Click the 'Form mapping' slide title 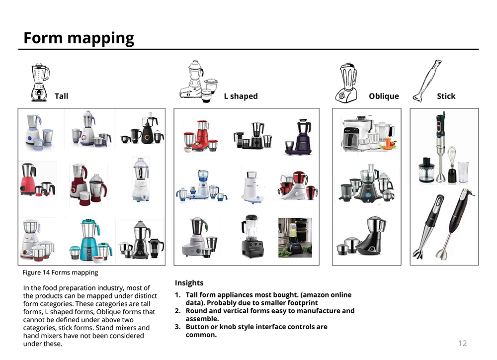pyautogui.click(x=79, y=38)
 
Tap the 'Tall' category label pyautogui.click(x=61, y=96)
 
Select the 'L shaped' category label pyautogui.click(x=241, y=96)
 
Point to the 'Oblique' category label pyautogui.click(x=384, y=96)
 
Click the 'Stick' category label pyautogui.click(x=446, y=96)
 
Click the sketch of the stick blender pyautogui.click(x=427, y=81)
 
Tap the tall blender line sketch pyautogui.click(x=40, y=82)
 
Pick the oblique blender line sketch pyautogui.click(x=346, y=83)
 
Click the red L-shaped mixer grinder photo pyautogui.click(x=201, y=136)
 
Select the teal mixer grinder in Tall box pyautogui.click(x=90, y=240)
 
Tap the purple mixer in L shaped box pyautogui.click(x=298, y=137)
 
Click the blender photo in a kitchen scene pyautogui.click(x=295, y=238)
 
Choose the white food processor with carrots pyautogui.click(x=369, y=133)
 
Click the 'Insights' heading pyautogui.click(x=189, y=282)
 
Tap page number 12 pyautogui.click(x=462, y=343)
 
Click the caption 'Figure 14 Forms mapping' pyautogui.click(x=60, y=272)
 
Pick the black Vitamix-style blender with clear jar pyautogui.click(x=252, y=236)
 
